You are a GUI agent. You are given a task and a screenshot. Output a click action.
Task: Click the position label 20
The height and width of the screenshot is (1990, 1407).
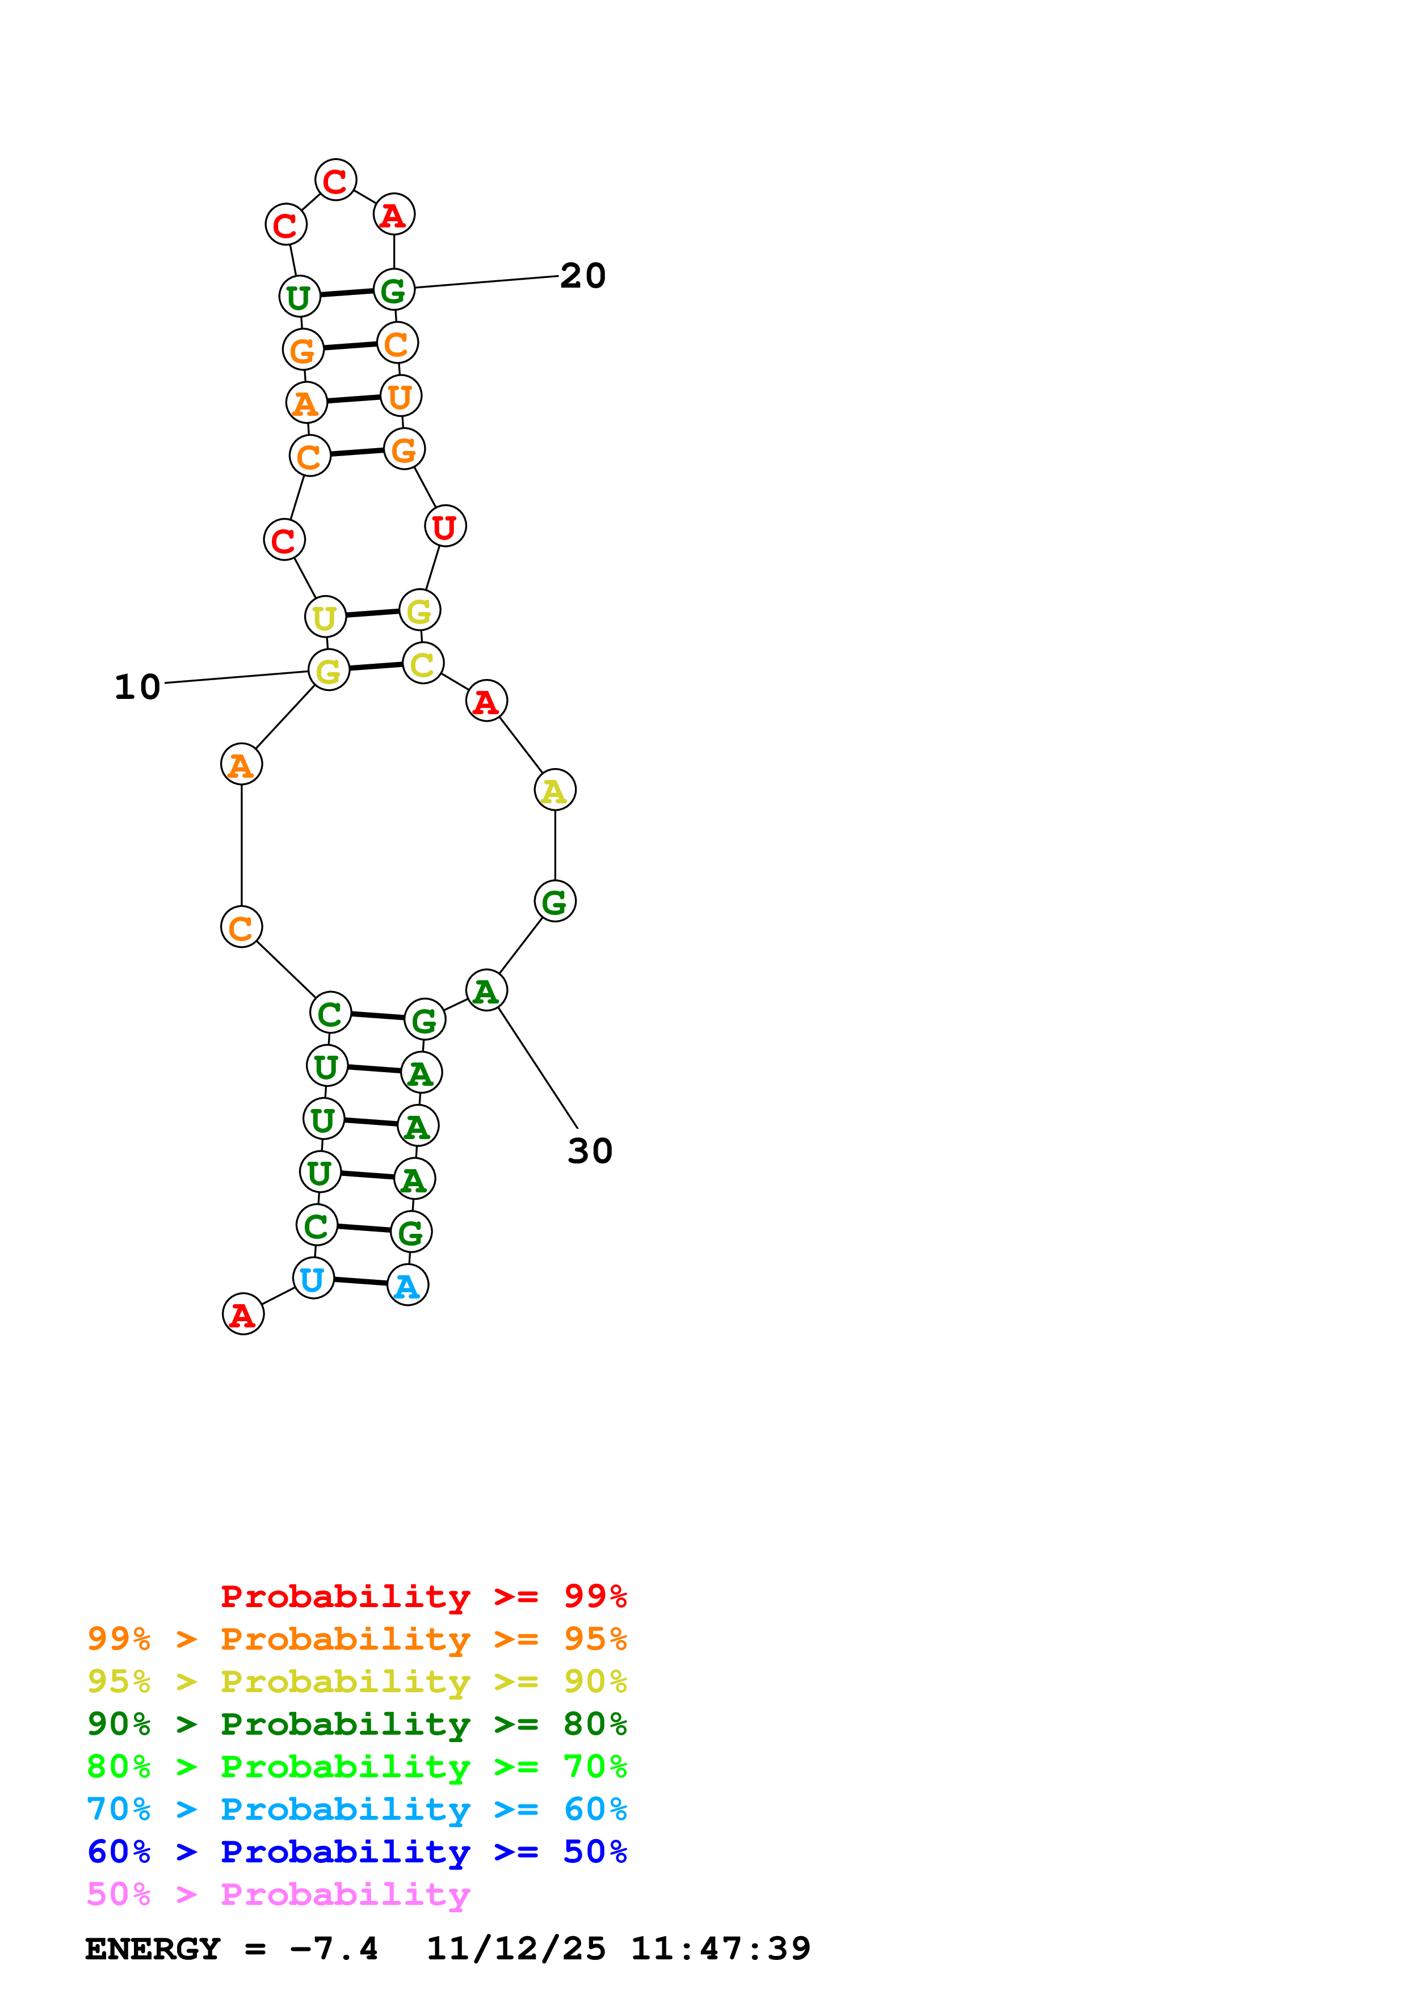(582, 276)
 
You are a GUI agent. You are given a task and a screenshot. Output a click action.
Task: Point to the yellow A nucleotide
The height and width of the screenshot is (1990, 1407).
(554, 790)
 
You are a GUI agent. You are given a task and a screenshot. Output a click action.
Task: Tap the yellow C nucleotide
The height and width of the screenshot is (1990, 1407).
(422, 663)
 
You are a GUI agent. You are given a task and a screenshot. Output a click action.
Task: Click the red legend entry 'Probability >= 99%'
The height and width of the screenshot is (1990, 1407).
(423, 1596)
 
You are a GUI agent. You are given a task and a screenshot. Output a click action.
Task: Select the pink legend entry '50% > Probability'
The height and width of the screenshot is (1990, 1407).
(278, 1894)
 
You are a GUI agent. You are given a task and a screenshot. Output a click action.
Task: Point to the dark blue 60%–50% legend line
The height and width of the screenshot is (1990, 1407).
(356, 1852)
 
